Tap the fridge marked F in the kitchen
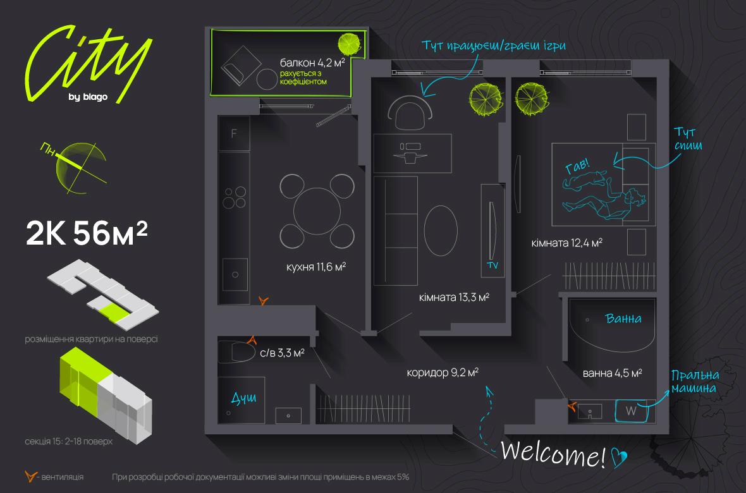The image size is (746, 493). pos(234,134)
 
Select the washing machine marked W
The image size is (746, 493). pos(631,411)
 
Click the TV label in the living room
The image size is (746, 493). pos(492,266)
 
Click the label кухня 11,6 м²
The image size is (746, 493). pos(315,267)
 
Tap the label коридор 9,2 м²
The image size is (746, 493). pos(443,373)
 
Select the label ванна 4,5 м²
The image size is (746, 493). pos(612,373)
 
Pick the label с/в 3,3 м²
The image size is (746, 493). pos(282,353)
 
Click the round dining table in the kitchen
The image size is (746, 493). pos(317,210)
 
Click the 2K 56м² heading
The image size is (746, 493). pos(87,234)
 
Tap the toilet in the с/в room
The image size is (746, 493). pos(237,351)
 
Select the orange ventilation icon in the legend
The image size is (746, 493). pos(29,475)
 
